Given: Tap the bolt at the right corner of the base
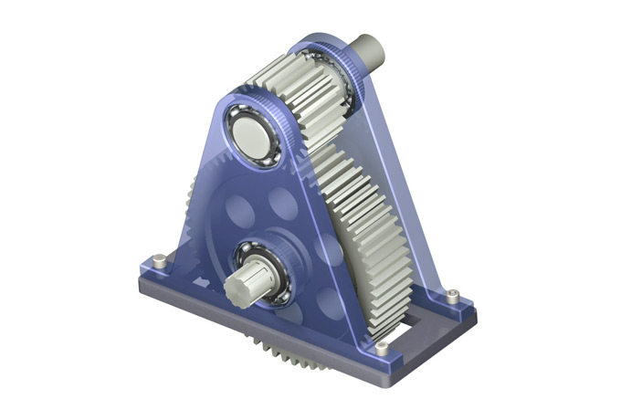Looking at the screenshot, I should [x=453, y=294].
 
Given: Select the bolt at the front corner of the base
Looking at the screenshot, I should [x=381, y=349].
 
